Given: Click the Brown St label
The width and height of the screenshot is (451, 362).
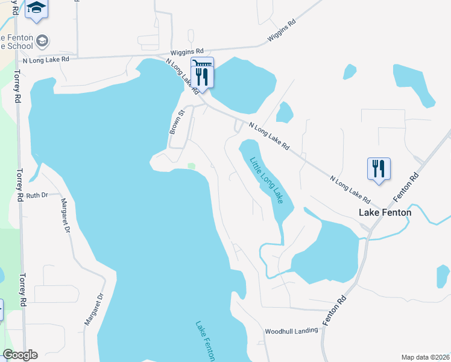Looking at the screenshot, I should click(x=175, y=122).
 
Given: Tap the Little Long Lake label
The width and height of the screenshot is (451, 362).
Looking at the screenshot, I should click(x=266, y=180).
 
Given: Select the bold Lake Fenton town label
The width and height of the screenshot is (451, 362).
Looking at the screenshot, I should click(x=385, y=212).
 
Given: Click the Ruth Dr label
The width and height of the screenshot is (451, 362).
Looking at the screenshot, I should click(x=36, y=195).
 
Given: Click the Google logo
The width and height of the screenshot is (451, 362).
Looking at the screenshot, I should click(x=20, y=355).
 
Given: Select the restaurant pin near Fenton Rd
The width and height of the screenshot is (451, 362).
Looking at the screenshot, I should click(x=379, y=168).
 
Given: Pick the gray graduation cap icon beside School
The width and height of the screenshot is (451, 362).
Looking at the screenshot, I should click(x=42, y=41).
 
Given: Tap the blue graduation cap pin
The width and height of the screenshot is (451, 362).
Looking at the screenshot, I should click(x=37, y=8).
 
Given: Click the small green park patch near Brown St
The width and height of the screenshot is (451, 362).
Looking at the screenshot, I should click(x=192, y=167).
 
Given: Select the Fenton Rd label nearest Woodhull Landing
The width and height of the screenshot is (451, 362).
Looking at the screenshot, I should click(x=335, y=311).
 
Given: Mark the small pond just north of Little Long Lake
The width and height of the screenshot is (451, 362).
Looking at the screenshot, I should click(x=284, y=112).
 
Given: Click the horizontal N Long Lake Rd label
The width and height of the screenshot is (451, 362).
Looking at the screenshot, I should click(x=46, y=60).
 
